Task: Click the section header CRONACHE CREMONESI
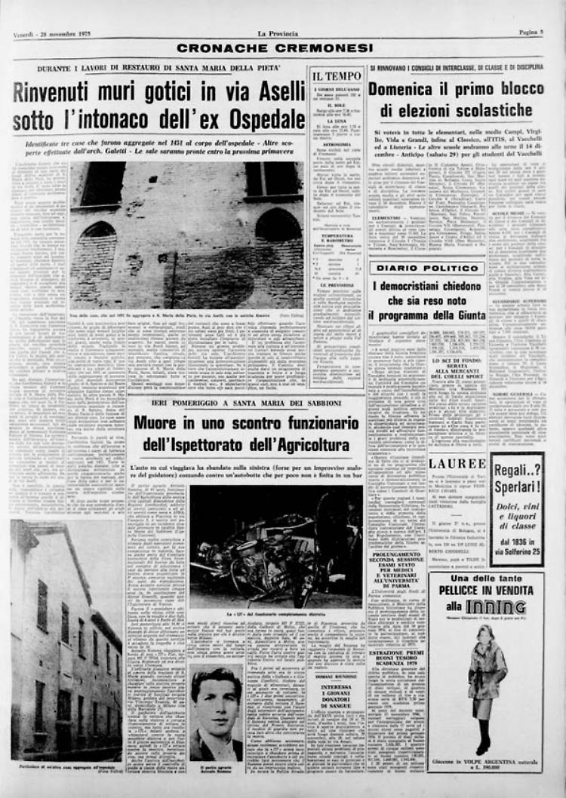[x=274, y=48]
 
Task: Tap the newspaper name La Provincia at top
[x=278, y=33]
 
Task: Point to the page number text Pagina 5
[x=531, y=33]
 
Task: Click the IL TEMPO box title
[x=337, y=76]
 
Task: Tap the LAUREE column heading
[x=457, y=463]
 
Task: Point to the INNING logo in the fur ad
[x=495, y=606]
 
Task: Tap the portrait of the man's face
[x=216, y=701]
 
